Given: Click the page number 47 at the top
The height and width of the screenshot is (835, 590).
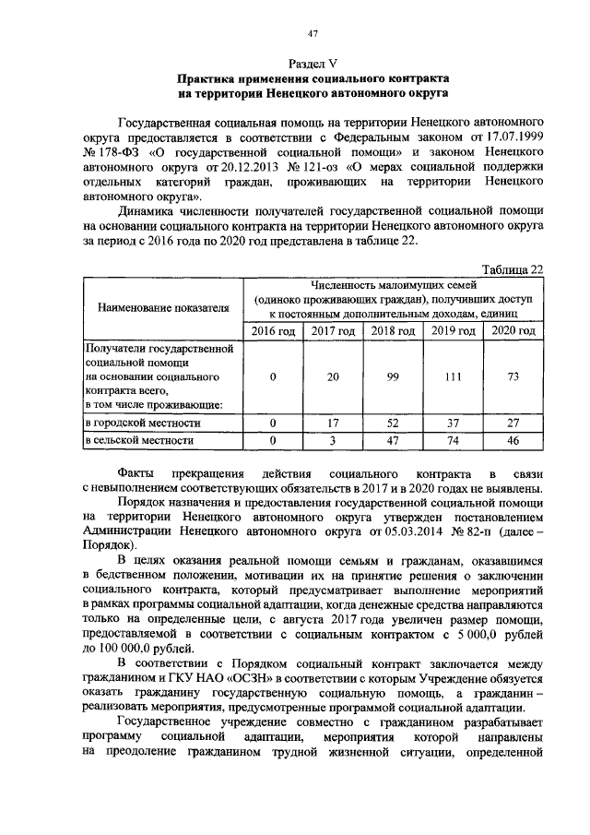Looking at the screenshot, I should coord(313,34).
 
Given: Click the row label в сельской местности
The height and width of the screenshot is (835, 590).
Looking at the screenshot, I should coord(140,441).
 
